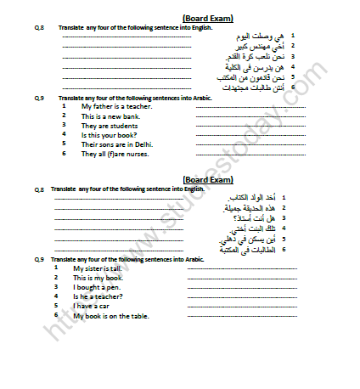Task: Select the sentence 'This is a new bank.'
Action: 106,116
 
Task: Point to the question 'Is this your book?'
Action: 106,135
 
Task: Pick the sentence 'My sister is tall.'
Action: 98,268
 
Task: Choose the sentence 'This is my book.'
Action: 98,278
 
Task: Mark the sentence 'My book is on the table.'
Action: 110,315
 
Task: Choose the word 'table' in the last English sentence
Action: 139,315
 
